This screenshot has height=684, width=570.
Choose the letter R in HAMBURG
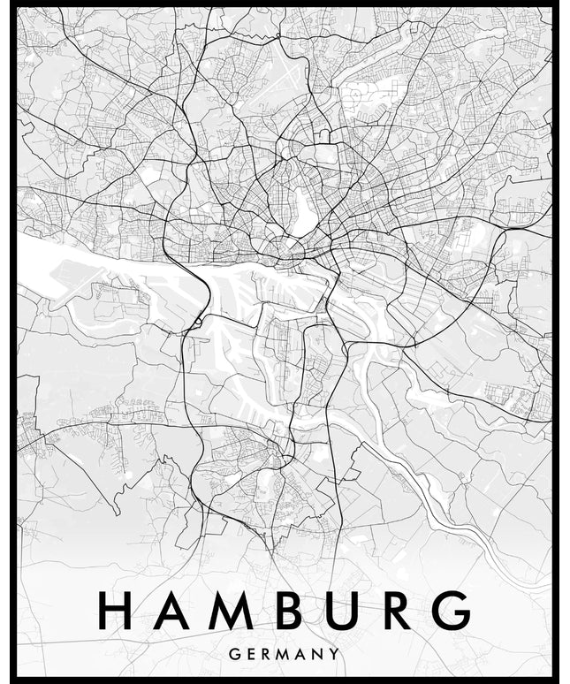click(394, 611)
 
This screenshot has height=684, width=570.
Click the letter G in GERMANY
click(232, 655)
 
